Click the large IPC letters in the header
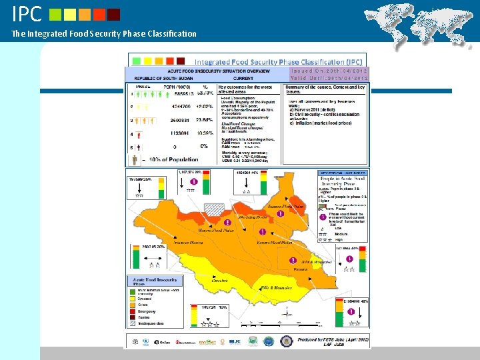(27, 13)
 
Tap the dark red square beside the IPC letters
(114, 14)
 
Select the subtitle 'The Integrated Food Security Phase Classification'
(104, 33)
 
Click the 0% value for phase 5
(205, 146)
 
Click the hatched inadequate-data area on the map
(215, 209)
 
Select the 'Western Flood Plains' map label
(215, 231)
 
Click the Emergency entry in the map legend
(146, 311)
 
